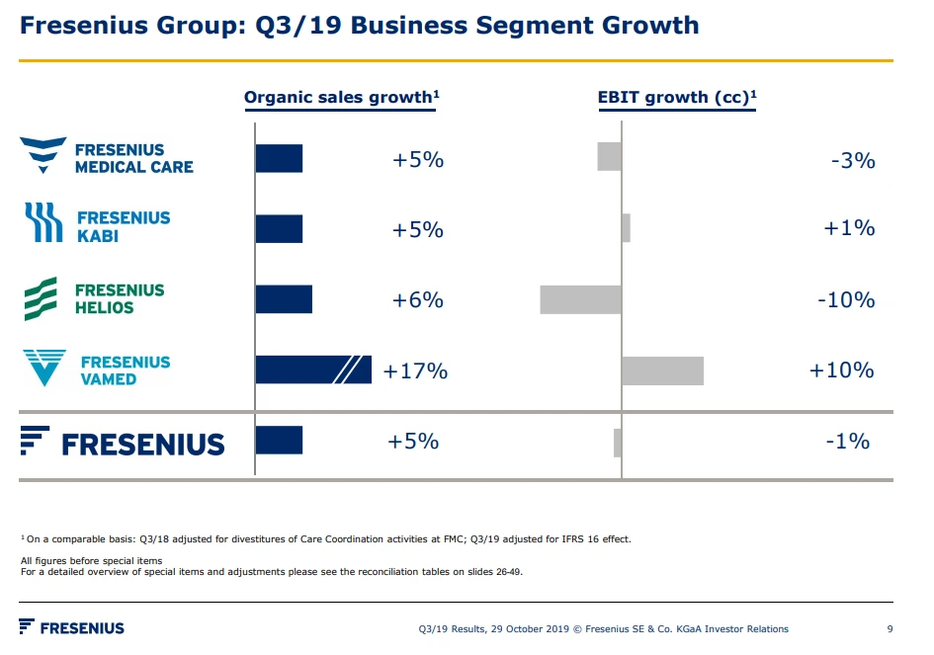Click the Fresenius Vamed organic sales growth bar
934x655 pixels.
[312, 369]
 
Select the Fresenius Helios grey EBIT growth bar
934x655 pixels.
[580, 299]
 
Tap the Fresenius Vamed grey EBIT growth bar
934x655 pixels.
[662, 370]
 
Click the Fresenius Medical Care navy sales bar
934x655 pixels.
[279, 158]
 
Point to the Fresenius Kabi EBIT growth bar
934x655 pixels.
[626, 228]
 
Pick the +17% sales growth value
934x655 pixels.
[415, 371]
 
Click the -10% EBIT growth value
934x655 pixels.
[845, 299]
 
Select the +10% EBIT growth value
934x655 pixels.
[841, 370]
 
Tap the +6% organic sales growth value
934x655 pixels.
[417, 299]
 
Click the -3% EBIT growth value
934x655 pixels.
[852, 160]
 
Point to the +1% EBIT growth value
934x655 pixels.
[849, 228]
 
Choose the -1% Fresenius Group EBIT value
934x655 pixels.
[847, 442]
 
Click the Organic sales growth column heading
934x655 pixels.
[341, 97]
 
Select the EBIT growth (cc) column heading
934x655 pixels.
[677, 97]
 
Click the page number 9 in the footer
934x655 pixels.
[890, 628]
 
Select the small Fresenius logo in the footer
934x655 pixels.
[71, 627]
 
